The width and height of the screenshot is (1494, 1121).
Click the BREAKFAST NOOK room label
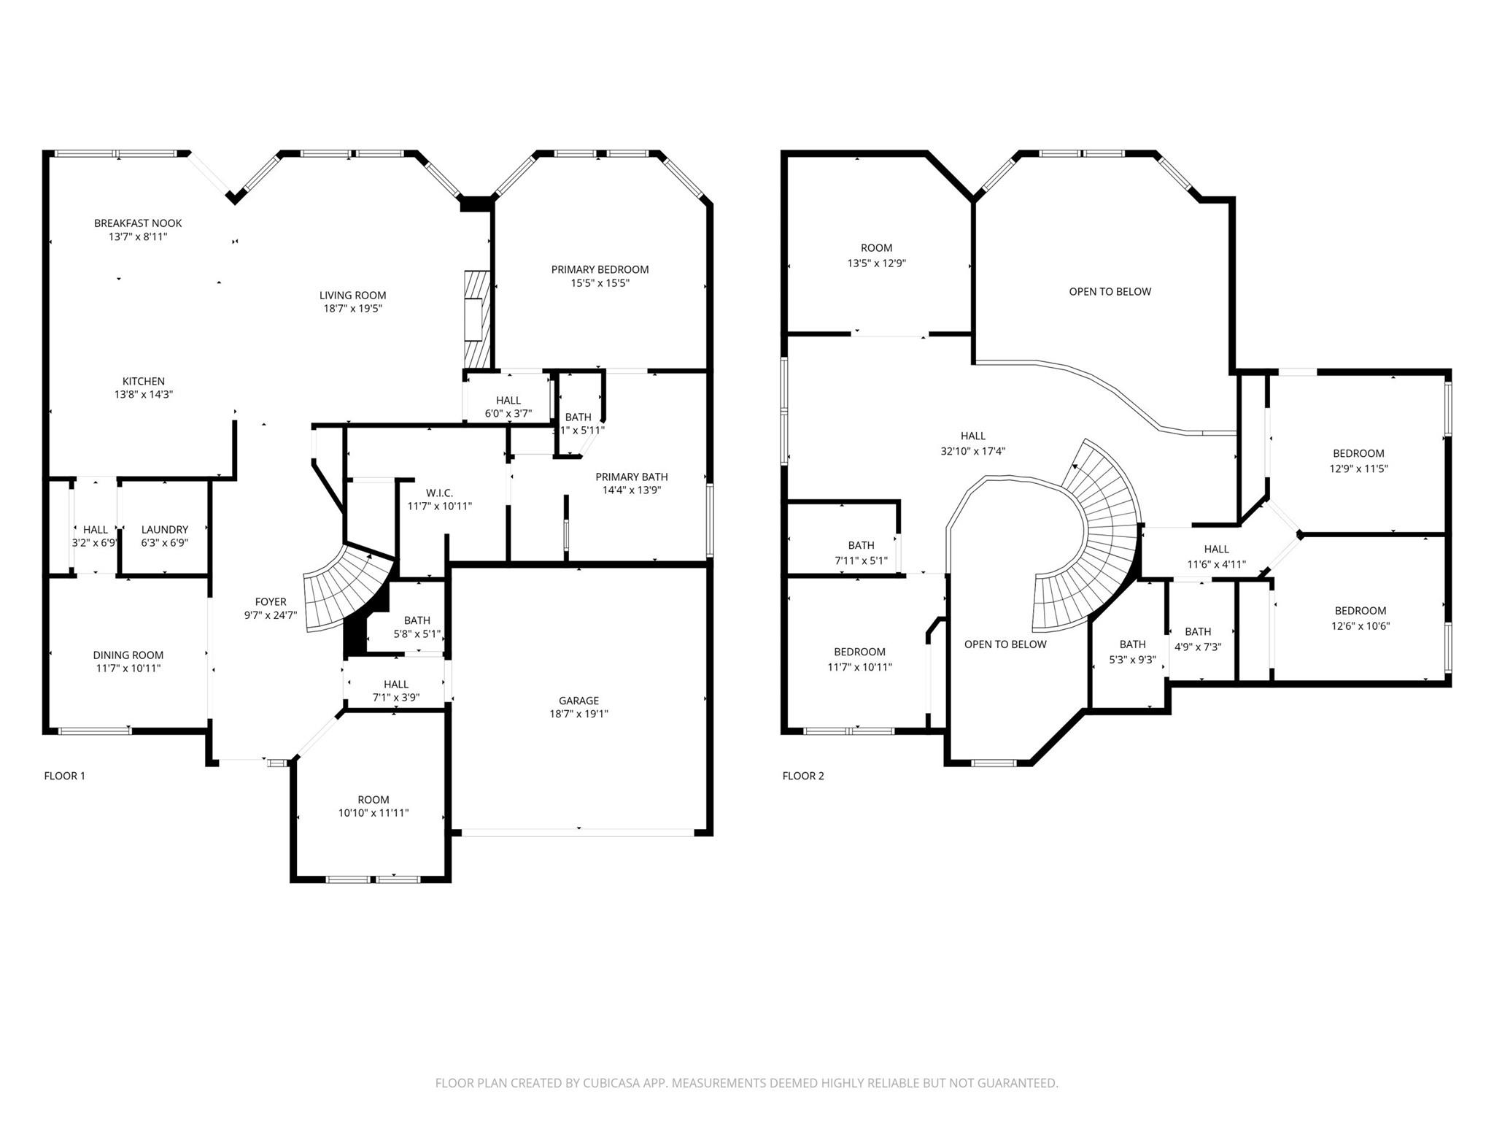pos(138,223)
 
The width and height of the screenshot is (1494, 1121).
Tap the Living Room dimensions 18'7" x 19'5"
pos(353,309)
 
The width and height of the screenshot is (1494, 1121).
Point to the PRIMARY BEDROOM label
pos(600,269)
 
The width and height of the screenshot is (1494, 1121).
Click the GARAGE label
pos(579,701)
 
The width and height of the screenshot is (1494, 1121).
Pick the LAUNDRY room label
pos(165,530)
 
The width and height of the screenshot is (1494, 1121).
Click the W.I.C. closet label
pos(440,493)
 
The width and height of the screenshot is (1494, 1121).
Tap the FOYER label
pos(271,602)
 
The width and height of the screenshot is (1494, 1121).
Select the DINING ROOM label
pos(128,655)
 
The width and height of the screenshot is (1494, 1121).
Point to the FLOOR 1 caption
pos(65,776)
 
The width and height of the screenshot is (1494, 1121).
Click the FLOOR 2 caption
pos(803,776)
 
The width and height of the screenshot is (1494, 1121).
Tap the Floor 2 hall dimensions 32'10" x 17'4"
pos(973,451)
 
